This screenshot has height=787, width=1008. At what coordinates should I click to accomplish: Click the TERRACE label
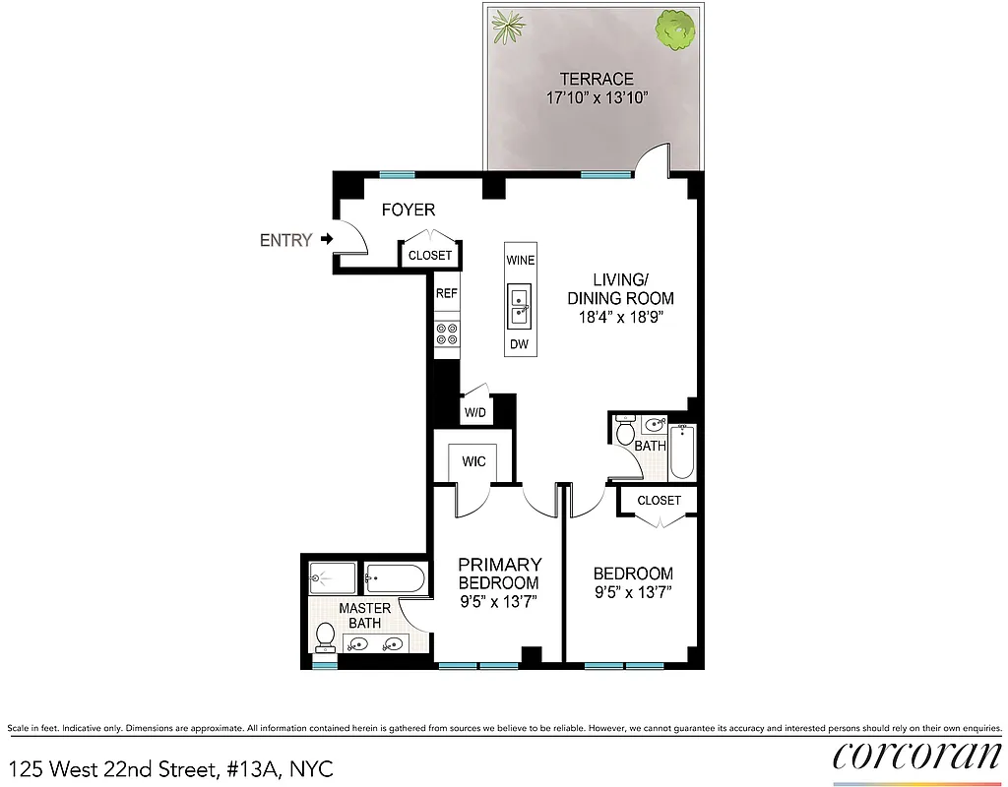point(597,79)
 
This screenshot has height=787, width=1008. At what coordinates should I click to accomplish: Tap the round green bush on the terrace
point(675,31)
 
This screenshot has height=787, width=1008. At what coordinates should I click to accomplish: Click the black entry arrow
point(326,239)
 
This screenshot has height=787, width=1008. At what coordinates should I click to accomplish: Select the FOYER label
point(408,211)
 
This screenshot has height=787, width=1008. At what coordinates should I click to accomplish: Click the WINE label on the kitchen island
point(520,261)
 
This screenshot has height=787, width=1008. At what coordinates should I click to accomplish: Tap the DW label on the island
point(519,344)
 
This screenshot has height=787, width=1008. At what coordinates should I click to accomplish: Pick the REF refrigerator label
point(447,293)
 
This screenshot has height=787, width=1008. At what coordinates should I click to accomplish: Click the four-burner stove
point(447,334)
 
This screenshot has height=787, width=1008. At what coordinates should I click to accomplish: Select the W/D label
point(474,410)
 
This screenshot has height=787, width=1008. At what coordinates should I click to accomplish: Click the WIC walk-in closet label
point(473,461)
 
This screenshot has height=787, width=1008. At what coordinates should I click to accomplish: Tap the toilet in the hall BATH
point(624,432)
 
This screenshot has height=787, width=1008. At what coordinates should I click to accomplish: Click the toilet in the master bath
point(324,637)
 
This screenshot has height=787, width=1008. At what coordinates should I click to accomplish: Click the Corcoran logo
point(915,757)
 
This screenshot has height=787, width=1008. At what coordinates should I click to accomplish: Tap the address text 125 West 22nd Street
point(171,768)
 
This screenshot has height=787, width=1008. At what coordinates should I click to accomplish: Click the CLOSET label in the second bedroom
point(659,501)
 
